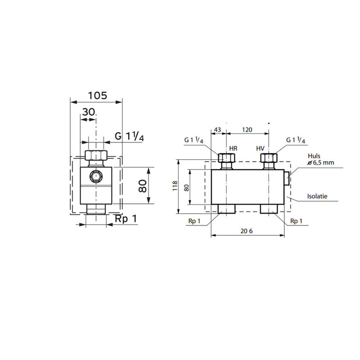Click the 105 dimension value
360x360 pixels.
(98, 95)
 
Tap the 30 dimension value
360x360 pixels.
(89, 112)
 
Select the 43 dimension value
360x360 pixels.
(217, 130)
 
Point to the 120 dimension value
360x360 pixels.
(247, 130)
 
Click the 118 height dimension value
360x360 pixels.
(175, 186)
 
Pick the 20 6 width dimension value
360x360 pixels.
(247, 231)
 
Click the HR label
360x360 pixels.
(233, 148)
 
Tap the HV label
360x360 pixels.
(261, 148)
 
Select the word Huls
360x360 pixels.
(314, 156)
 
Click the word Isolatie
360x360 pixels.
(317, 196)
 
